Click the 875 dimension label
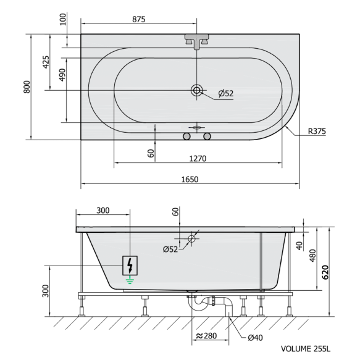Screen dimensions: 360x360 pyautogui.click(x=139, y=19)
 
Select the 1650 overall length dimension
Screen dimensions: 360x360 pyautogui.click(x=190, y=179)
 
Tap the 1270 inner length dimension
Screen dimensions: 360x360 pyautogui.click(x=198, y=159)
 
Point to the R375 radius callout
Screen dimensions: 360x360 pyautogui.click(x=317, y=132)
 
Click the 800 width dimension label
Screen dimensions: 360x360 pyautogui.click(x=27, y=87)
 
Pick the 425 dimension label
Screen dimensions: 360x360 pyautogui.click(x=46, y=62)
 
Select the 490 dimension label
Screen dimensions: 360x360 pyautogui.click(x=62, y=75)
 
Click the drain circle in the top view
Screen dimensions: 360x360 pyautogui.click(x=197, y=90)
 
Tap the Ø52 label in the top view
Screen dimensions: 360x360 pyautogui.click(x=225, y=93)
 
